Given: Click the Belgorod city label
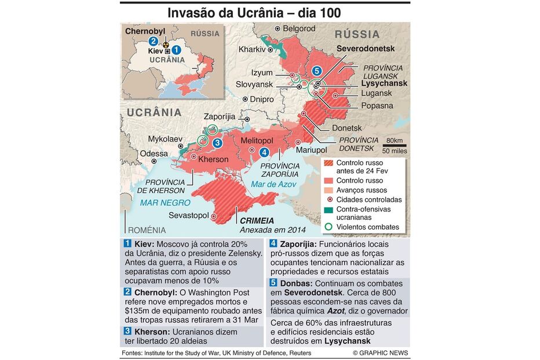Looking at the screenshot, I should click(300, 28).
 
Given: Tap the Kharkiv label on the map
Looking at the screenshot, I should click(252, 50).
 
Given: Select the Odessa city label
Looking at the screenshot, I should click(154, 154).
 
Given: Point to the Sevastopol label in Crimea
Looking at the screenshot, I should click(188, 215).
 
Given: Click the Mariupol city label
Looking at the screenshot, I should click(312, 150).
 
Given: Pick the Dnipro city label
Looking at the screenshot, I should click(262, 99).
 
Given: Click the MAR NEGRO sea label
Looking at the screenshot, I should click(165, 202).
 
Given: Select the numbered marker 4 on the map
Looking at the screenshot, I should click(264, 152).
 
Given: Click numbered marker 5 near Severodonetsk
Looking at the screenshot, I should click(316, 71).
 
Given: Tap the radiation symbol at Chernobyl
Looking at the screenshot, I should click(166, 42).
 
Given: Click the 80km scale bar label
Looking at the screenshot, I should click(394, 141).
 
